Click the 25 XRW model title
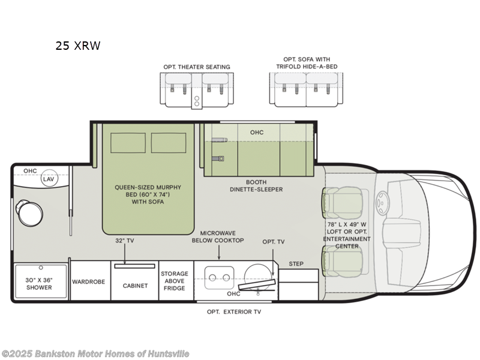tap(78, 46)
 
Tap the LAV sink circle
tap(49, 179)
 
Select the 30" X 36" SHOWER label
tap(38, 283)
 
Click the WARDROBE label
tap(89, 281)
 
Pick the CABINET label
tap(135, 286)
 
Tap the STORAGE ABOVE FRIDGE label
tap(175, 281)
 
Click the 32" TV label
tap(124, 241)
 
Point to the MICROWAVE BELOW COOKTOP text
tap(218, 236)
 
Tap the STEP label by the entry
tap(296, 263)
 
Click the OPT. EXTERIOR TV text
tap(234, 312)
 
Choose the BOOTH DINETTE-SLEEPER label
tap(256, 185)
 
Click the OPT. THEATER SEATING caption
tap(196, 67)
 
